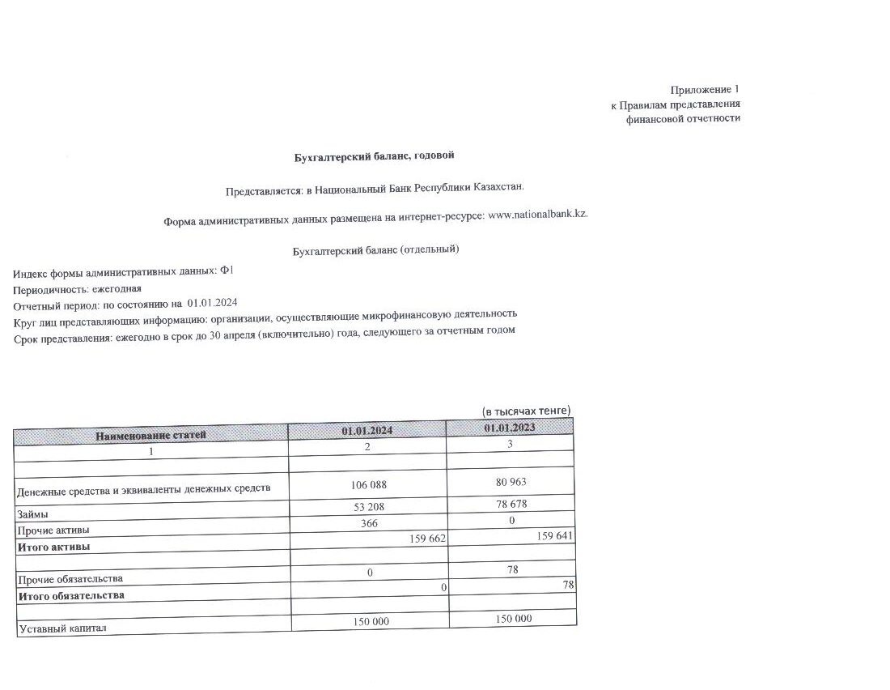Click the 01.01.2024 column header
(367, 431)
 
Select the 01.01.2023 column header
(510, 427)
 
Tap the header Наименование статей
(150, 435)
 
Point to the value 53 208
(368, 508)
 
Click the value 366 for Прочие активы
(369, 523)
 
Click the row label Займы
(32, 514)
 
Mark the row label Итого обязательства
(71, 595)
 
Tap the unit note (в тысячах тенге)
(526, 411)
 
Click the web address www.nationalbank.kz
(538, 214)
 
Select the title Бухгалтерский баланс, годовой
(379, 155)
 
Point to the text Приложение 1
(705, 89)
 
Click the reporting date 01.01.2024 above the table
(212, 303)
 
